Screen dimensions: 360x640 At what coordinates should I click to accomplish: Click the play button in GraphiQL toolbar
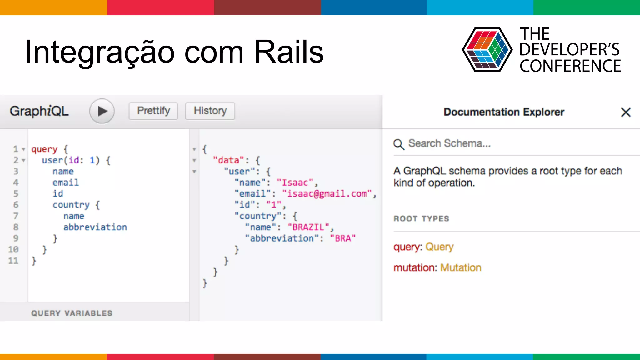pyautogui.click(x=102, y=111)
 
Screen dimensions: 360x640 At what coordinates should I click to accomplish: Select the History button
pyautogui.click(x=210, y=111)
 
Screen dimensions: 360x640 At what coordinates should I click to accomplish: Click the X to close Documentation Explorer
pyautogui.click(x=626, y=112)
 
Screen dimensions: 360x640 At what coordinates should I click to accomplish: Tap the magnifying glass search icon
pyautogui.click(x=399, y=144)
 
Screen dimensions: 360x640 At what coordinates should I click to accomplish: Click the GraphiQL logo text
pyautogui.click(x=39, y=111)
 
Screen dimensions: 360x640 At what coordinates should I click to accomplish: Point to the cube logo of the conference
pyautogui.click(x=487, y=50)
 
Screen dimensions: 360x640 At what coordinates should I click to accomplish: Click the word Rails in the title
pyautogui.click(x=289, y=52)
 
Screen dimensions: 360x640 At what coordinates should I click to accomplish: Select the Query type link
pyautogui.click(x=439, y=247)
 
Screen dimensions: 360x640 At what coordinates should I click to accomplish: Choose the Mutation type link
pyautogui.click(x=461, y=268)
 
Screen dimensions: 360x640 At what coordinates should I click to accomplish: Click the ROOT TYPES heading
pyautogui.click(x=421, y=219)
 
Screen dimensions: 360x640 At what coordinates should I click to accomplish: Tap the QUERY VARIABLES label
pyautogui.click(x=72, y=313)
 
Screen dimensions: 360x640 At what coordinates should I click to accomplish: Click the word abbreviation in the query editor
pyautogui.click(x=95, y=227)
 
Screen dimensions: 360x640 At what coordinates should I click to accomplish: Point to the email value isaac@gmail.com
pyautogui.click(x=327, y=194)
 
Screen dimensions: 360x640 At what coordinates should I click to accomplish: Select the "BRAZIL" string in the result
pyautogui.click(x=308, y=227)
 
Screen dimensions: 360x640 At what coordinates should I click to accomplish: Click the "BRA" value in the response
pyautogui.click(x=343, y=238)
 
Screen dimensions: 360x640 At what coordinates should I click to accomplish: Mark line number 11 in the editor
pyautogui.click(x=13, y=261)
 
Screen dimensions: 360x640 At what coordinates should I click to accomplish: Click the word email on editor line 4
pyautogui.click(x=66, y=182)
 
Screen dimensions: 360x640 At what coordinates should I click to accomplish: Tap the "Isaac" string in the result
pyautogui.click(x=295, y=182)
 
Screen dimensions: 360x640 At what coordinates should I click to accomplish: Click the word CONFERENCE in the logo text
pyautogui.click(x=570, y=66)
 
